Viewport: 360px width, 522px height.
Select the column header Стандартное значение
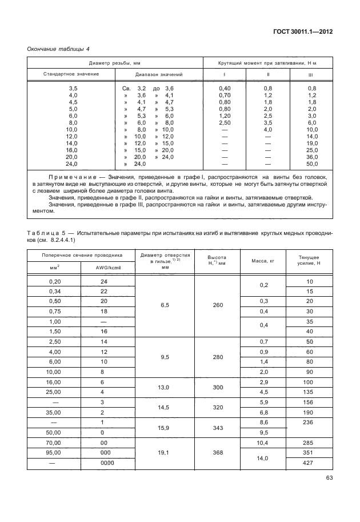pyautogui.click(x=71, y=74)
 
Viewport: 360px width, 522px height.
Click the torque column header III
pyautogui.click(x=310, y=74)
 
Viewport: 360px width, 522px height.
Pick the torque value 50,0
pyautogui.click(x=312, y=164)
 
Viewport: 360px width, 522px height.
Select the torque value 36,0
pyautogui.click(x=312, y=157)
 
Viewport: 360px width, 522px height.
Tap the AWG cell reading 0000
pyautogui.click(x=104, y=462)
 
